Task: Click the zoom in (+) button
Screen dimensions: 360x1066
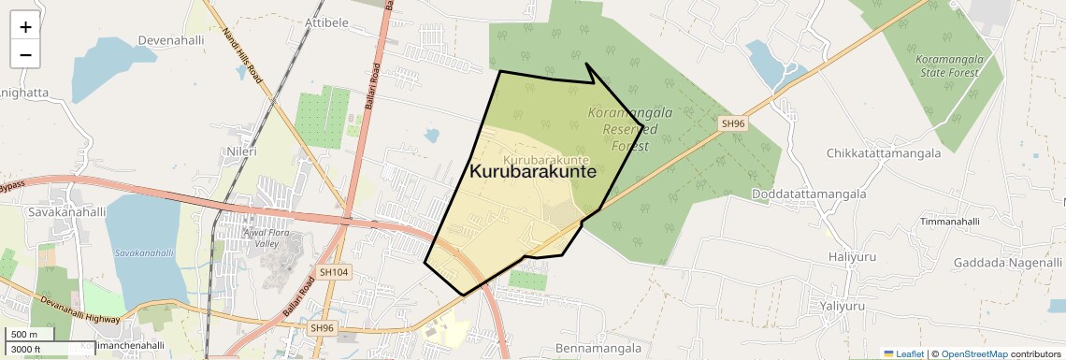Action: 25,27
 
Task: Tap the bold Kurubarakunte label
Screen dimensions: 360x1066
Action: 532,172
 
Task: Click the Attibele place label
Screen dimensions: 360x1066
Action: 326,21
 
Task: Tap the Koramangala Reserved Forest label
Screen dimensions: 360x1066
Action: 624,129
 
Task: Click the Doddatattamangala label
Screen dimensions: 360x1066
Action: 809,194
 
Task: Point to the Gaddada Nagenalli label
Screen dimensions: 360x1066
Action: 1008,263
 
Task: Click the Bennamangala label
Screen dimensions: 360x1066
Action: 598,349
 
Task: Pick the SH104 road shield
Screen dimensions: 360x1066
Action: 333,272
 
